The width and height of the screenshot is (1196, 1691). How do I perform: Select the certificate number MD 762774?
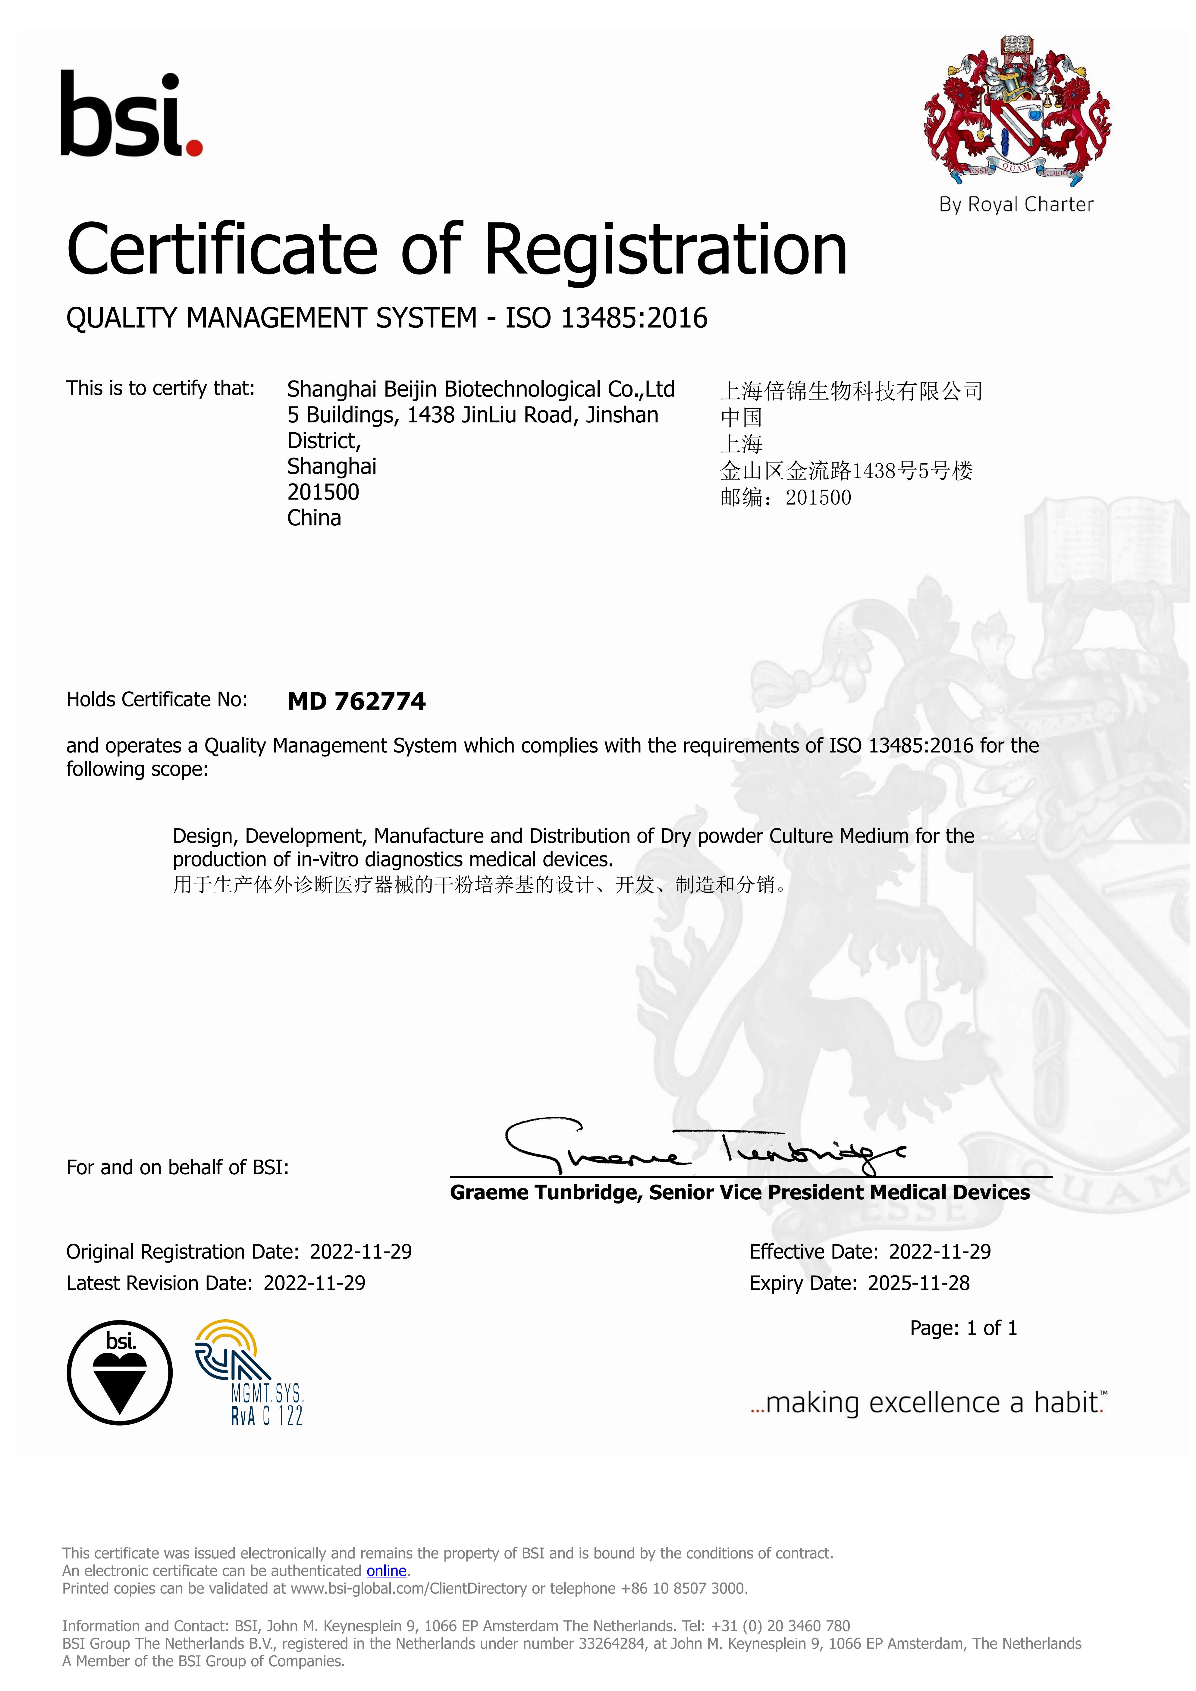click(356, 701)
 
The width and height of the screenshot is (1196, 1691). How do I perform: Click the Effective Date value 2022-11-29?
click(940, 1251)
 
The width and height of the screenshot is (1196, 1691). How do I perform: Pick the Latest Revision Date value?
click(315, 1283)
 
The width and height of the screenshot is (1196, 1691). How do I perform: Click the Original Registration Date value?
click(361, 1251)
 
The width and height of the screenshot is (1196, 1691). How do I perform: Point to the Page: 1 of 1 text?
click(963, 1328)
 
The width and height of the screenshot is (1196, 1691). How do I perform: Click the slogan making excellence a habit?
click(928, 1403)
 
